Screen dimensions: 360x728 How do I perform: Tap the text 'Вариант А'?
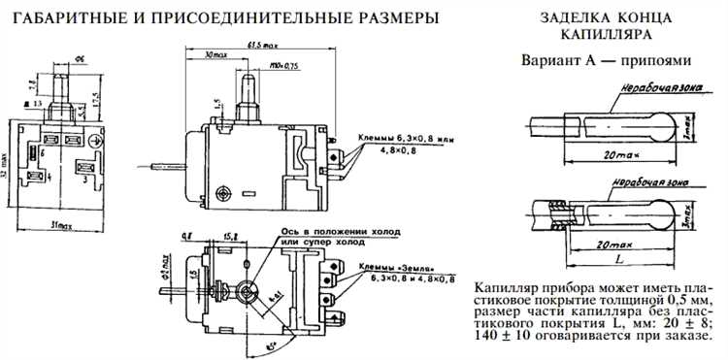pos(562,58)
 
